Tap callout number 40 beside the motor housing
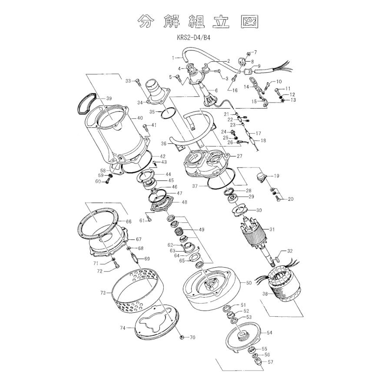coord(140,118)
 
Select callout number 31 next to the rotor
coord(272,229)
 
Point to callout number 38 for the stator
coord(265,294)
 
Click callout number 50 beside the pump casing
coord(249,283)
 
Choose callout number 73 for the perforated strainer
coord(103,293)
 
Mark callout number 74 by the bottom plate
coord(123,328)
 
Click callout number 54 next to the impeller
coord(269,332)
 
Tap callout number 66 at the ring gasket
coord(129,222)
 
